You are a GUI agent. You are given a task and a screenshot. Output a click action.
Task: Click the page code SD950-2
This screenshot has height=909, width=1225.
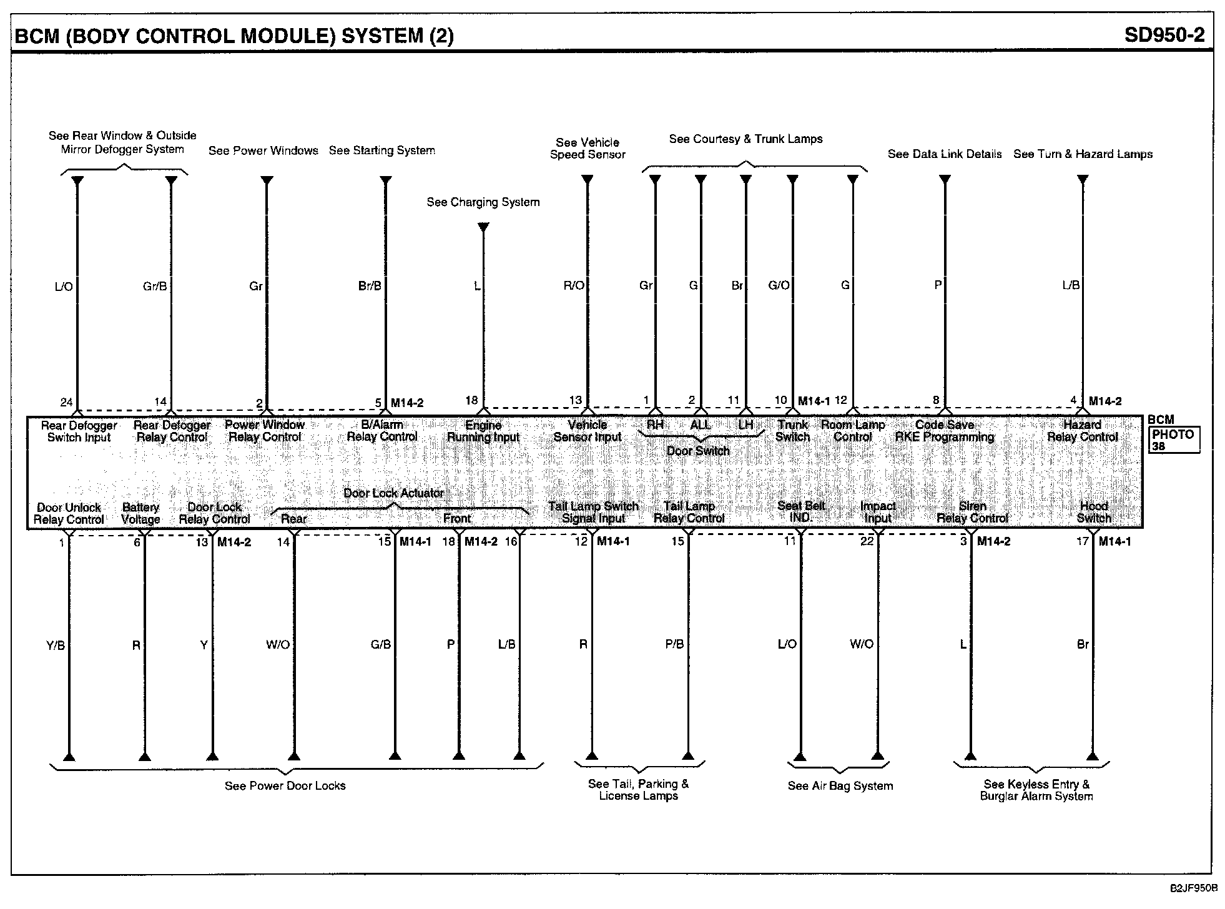(1164, 35)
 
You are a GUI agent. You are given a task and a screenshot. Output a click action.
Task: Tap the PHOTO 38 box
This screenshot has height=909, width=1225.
(1173, 440)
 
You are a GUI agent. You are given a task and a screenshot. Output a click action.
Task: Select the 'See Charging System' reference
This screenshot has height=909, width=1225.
(483, 202)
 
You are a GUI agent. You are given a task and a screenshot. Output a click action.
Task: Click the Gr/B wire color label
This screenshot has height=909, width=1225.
(155, 286)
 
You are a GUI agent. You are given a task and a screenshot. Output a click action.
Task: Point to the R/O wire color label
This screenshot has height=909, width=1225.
(574, 286)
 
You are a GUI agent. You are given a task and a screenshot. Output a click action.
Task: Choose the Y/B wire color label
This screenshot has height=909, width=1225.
(56, 646)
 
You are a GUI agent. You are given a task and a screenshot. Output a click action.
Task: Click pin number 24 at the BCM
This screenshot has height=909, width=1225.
(67, 401)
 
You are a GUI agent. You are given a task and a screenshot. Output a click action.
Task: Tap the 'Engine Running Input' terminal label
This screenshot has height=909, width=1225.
(483, 431)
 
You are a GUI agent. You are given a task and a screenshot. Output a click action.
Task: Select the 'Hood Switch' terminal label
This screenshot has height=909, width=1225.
(1094, 512)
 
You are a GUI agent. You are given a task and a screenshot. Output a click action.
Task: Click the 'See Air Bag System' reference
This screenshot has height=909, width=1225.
(840, 786)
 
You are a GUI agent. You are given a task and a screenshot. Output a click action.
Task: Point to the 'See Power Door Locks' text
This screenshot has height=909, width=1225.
(285, 786)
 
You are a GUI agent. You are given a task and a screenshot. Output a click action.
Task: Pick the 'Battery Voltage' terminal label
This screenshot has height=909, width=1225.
(140, 513)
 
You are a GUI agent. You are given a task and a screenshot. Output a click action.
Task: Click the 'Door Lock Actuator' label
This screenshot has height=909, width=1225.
(393, 493)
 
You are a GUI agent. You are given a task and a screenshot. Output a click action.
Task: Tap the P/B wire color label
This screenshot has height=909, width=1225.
(674, 644)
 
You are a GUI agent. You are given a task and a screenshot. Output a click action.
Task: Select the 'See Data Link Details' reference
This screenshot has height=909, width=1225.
(944, 154)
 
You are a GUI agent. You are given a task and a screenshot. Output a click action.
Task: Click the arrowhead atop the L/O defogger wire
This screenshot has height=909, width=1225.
(77, 181)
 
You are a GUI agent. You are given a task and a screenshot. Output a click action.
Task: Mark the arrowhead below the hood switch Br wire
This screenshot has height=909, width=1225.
(1093, 756)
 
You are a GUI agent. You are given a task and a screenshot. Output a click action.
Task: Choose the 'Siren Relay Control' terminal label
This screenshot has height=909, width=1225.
(972, 512)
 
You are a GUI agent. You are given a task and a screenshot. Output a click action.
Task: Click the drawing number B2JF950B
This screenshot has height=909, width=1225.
(1194, 888)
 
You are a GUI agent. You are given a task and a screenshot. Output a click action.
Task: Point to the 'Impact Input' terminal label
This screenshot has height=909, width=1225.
(878, 512)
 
